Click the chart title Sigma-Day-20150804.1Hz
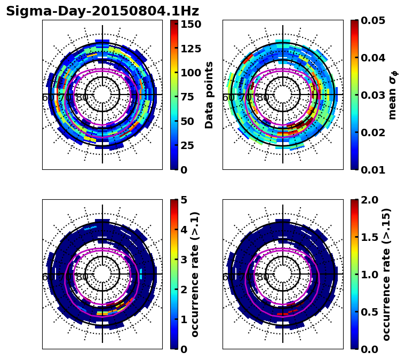[x=102, y=11]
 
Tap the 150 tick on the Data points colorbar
[x=190, y=25]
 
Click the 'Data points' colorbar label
[x=209, y=95]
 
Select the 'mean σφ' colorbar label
[x=392, y=95]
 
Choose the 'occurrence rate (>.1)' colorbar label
[x=195, y=274]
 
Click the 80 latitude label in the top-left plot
[x=82, y=98]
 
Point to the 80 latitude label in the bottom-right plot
[x=263, y=277]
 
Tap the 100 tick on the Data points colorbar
[x=190, y=73]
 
